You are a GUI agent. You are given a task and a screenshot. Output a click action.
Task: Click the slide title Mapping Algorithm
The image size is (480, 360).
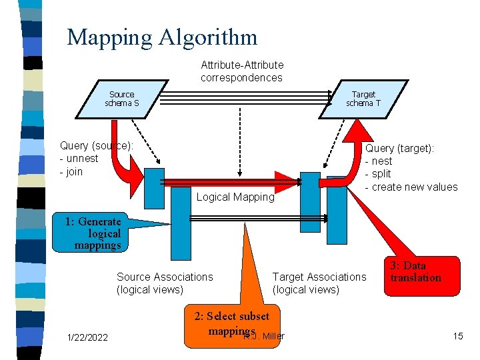tap(162, 37)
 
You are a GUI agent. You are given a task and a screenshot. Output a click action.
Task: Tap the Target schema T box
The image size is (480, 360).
tap(363, 99)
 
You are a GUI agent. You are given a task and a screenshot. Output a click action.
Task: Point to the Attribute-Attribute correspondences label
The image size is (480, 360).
tap(242, 71)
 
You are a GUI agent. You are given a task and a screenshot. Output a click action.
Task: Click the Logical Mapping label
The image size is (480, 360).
tap(235, 197)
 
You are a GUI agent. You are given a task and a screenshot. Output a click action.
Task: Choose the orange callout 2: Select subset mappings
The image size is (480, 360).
tap(231, 323)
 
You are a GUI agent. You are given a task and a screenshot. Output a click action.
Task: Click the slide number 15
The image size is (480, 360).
tap(457, 335)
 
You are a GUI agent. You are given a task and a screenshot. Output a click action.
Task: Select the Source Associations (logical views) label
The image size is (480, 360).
tap(165, 283)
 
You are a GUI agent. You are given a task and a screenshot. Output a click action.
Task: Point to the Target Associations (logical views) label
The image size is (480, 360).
tap(319, 283)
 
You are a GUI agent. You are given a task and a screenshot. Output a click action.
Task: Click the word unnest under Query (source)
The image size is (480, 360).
tap(81, 159)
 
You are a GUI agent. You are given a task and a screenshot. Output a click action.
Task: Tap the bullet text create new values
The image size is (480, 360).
tap(415, 187)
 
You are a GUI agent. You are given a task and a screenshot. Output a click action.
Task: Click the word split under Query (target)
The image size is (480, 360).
tap(381, 174)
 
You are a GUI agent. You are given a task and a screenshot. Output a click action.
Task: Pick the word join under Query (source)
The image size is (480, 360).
tap(74, 171)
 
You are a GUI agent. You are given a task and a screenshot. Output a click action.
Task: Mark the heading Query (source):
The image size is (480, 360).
tap(97, 145)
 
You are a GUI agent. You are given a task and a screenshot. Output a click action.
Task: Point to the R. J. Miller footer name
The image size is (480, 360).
tap(267, 336)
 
